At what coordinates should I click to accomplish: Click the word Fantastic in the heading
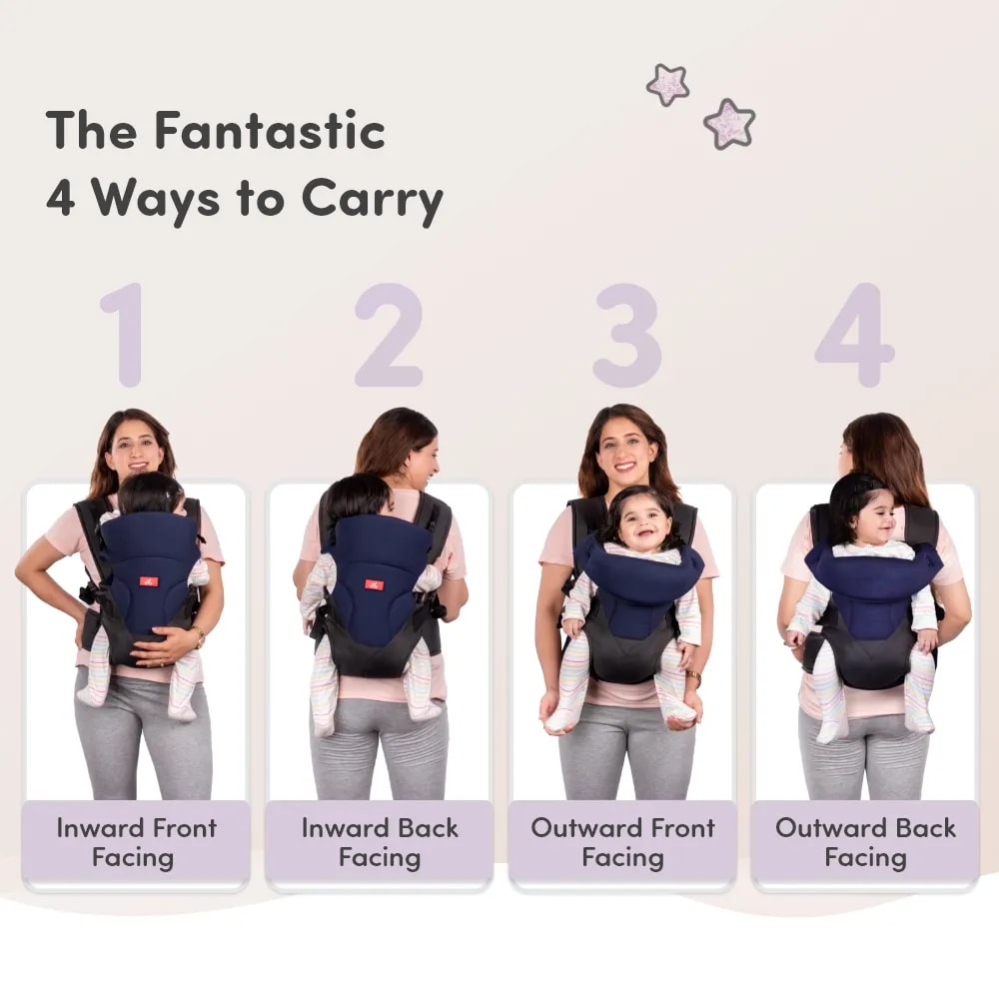270,130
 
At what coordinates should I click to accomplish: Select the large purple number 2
389,335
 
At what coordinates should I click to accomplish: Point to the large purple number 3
627,335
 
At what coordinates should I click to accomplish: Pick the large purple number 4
855,335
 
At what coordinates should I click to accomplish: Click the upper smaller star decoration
667,85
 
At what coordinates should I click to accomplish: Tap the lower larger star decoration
729,124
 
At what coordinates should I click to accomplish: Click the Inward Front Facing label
136,843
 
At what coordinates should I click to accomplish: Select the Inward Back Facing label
380,843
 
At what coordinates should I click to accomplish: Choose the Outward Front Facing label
623,843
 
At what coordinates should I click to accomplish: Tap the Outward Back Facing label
865,843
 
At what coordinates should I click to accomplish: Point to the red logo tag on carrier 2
371,583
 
